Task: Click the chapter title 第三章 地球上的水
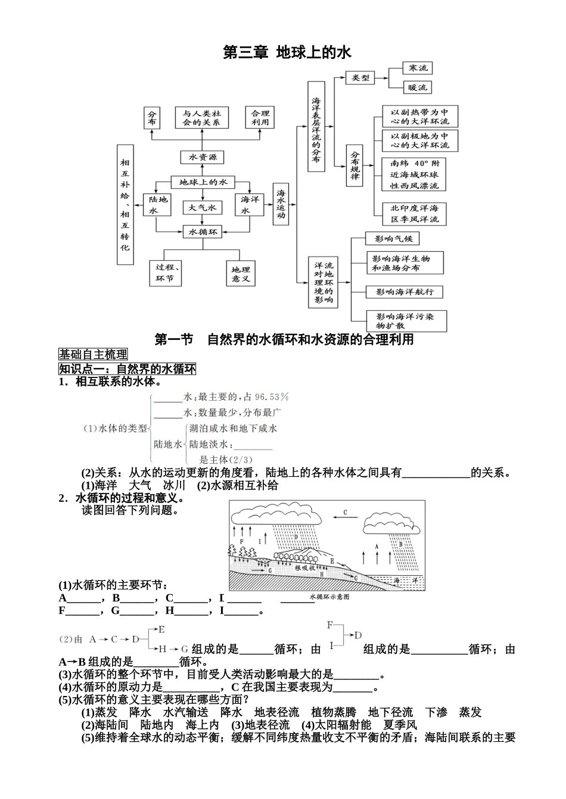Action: tap(287, 53)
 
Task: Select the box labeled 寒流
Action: tap(416, 68)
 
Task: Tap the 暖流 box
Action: tap(416, 88)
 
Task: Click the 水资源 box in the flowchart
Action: tap(203, 157)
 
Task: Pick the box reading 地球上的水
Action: tap(203, 182)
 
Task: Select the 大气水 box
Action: tap(203, 207)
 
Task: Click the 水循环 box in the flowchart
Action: tap(203, 231)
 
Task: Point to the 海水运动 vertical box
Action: tap(281, 204)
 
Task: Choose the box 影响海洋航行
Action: tap(405, 292)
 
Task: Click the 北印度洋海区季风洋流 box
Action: tap(414, 214)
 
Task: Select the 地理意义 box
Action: tap(241, 274)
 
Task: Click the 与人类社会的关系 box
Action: tap(202, 117)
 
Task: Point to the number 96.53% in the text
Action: tap(271, 397)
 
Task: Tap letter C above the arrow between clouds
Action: tap(345, 512)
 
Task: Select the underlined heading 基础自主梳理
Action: tap(93, 355)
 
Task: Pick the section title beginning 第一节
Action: tap(284, 340)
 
